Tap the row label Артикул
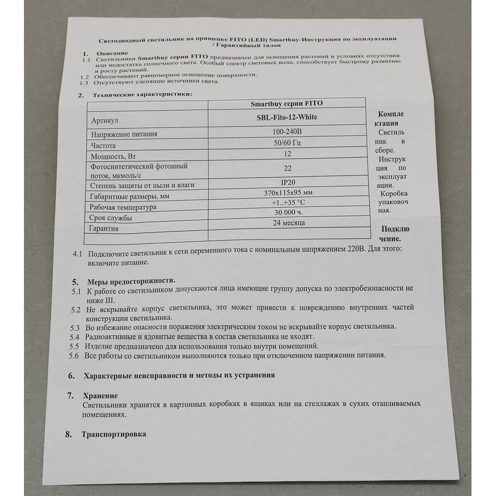click(104, 121)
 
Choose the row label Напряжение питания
click(124, 135)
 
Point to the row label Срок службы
click(111, 218)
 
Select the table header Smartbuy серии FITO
click(286, 104)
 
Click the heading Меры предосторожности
click(131, 281)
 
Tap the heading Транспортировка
click(114, 434)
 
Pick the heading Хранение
click(100, 395)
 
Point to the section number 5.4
click(75, 337)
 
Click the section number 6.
click(71, 376)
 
